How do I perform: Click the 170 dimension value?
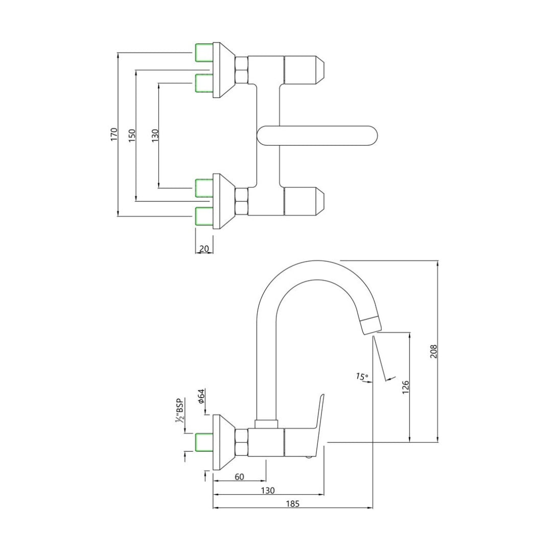click(x=114, y=134)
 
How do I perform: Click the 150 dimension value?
click(x=132, y=135)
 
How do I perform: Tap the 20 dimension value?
click(x=204, y=249)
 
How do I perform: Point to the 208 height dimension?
click(x=433, y=351)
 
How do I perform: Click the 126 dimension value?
click(x=405, y=387)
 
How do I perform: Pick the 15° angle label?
click(x=362, y=377)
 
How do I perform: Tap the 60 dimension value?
click(x=239, y=477)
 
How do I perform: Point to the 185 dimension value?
click(x=292, y=504)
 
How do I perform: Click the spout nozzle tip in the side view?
click(x=371, y=326)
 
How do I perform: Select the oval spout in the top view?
click(x=317, y=135)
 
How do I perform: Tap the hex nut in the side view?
click(x=241, y=442)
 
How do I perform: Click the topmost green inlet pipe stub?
click(x=204, y=52)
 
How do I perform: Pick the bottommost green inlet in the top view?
click(x=204, y=217)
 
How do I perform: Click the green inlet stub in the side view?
click(x=204, y=442)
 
